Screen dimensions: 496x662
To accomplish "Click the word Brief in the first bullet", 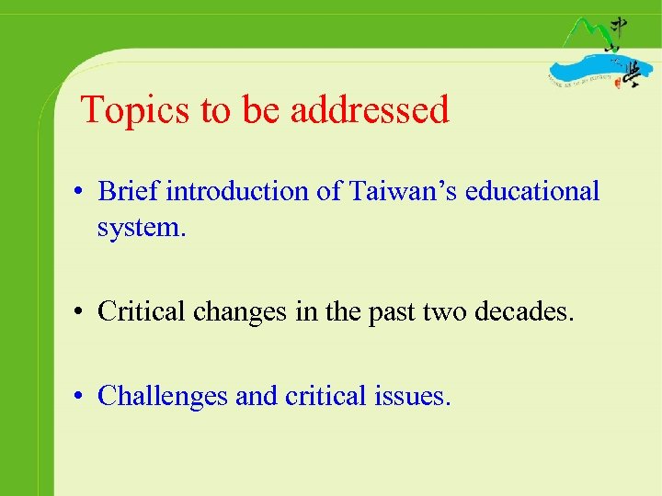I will click(x=128, y=191).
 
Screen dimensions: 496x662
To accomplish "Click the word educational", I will click(x=532, y=191).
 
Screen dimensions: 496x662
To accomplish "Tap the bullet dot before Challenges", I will click(x=82, y=397).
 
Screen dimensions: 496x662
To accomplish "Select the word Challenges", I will click(x=163, y=396).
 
